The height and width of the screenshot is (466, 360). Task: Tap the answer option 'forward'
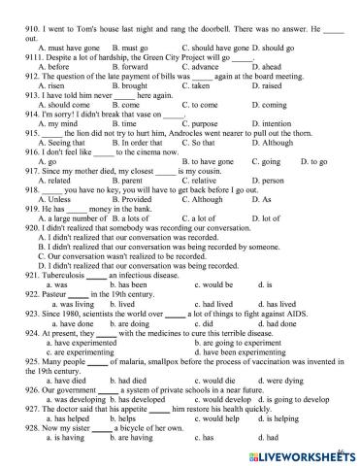pyautogui.click(x=131, y=68)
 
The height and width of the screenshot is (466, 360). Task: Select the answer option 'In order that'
pyautogui.click(x=134, y=171)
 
